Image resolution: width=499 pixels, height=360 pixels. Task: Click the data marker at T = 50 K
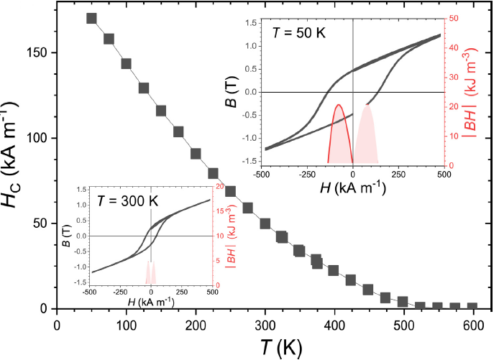click(x=91, y=18)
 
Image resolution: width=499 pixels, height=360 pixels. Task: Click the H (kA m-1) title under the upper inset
click(x=353, y=189)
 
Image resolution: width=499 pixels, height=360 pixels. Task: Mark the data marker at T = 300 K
click(x=265, y=224)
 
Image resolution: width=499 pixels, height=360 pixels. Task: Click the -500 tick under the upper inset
click(x=263, y=173)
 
